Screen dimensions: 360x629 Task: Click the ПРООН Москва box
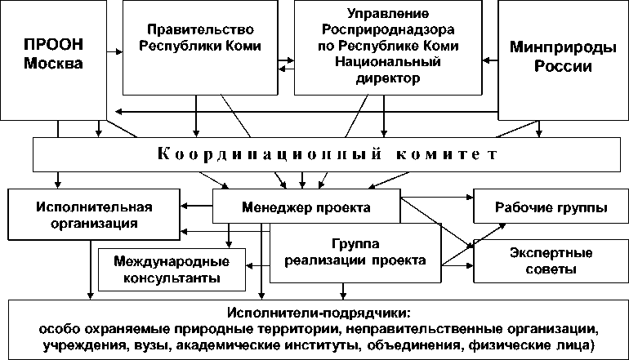[53, 57]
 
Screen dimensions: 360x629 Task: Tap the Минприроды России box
[563, 57]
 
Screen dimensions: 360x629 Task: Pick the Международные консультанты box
[172, 269]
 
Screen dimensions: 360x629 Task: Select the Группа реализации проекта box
[355, 253]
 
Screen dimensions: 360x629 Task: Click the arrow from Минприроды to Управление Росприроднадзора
[488, 59]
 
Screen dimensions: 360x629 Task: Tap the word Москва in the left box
[54, 66]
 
